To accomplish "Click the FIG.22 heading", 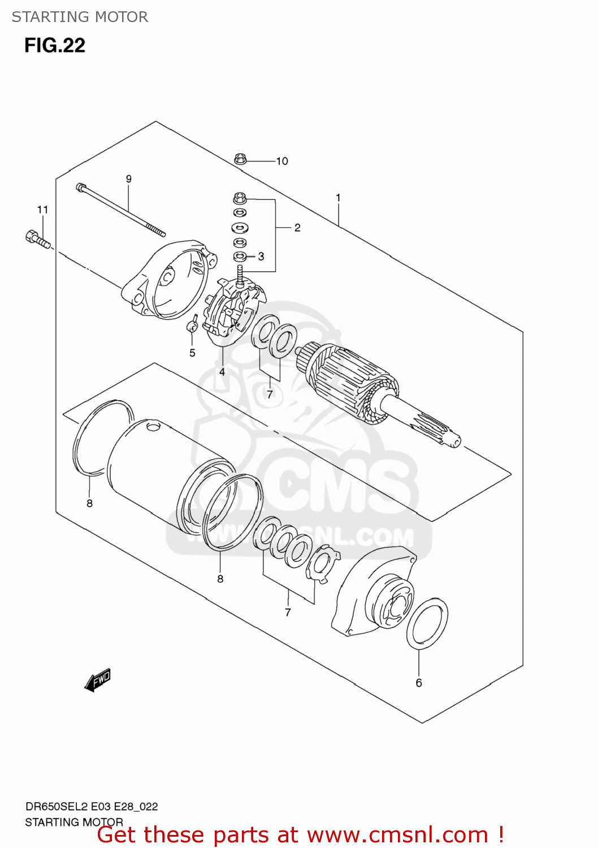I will click(55, 46).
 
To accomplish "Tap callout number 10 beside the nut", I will click(282, 161).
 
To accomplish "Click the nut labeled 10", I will click(240, 159).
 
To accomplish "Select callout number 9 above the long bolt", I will click(129, 179).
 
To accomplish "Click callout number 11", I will click(43, 210).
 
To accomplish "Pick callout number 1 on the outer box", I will click(338, 198).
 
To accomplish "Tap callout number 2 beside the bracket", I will click(297, 228).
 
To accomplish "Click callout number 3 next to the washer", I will click(261, 257).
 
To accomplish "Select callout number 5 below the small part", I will click(192, 353).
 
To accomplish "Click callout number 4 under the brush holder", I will click(222, 371).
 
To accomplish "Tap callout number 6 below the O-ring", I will click(419, 683).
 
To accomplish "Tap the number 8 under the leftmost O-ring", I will click(89, 503).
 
